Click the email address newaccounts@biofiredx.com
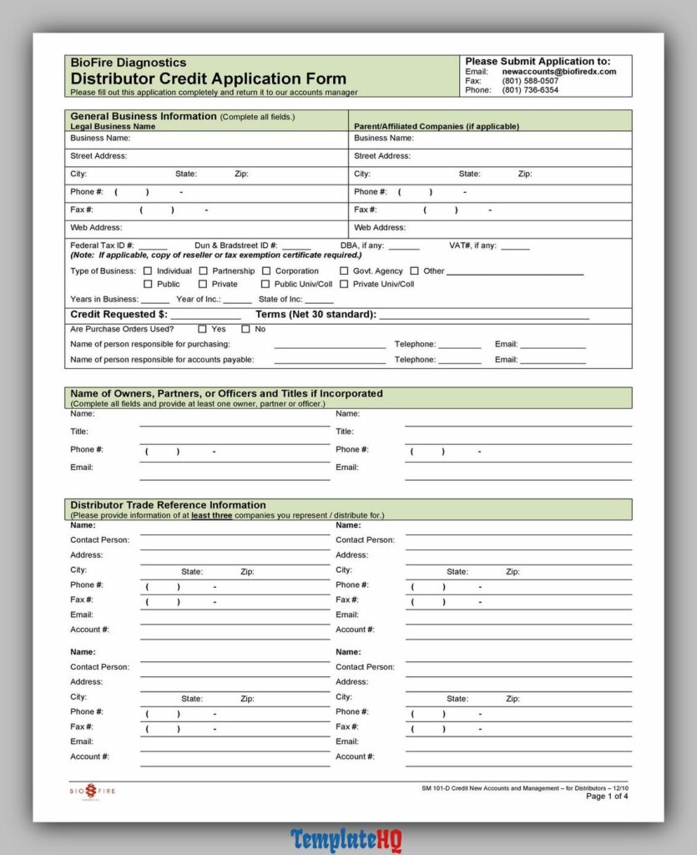click(x=558, y=72)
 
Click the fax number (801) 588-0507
click(x=530, y=81)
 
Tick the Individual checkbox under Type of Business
click(x=148, y=271)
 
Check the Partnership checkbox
click(x=203, y=271)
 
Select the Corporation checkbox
click(x=266, y=271)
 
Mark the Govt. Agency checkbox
click(x=344, y=271)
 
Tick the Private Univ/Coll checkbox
click(x=344, y=284)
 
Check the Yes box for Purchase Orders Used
click(x=202, y=329)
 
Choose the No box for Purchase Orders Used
click(x=245, y=329)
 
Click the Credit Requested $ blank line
click(x=205, y=316)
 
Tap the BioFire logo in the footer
click(x=92, y=791)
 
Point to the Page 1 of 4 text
click(x=607, y=797)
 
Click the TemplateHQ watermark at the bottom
click(x=346, y=839)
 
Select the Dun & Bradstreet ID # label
click(x=235, y=245)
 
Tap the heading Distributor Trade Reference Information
click(x=168, y=505)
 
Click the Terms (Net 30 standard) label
click(x=316, y=315)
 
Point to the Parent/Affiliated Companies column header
click(x=436, y=126)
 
